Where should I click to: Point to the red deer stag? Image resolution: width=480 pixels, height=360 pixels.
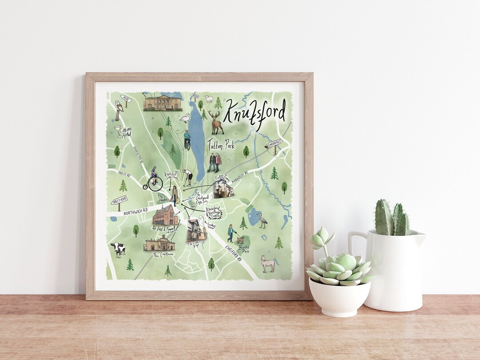[x=216, y=122]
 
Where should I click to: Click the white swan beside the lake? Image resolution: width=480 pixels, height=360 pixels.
[x=184, y=118]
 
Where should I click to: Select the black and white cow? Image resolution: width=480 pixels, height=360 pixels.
[x=118, y=249]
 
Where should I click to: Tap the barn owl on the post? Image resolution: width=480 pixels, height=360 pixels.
[x=119, y=107]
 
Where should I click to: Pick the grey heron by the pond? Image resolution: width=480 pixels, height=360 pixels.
[x=262, y=220]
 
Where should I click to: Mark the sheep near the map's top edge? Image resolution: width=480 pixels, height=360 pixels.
[x=209, y=99]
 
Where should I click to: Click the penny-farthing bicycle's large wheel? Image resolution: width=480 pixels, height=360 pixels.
[x=155, y=184]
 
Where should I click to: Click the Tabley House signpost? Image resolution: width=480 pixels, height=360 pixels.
[x=119, y=201]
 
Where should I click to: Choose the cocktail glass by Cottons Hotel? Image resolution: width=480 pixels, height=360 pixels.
[x=117, y=129]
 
